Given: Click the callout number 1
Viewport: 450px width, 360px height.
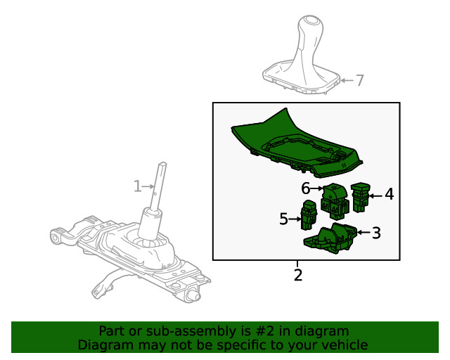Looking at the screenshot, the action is click(x=138, y=186).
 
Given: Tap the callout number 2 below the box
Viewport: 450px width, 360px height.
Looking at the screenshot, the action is click(x=298, y=276).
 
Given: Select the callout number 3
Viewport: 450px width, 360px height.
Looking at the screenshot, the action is click(x=377, y=233).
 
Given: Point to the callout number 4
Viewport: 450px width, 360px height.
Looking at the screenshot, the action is click(x=389, y=194).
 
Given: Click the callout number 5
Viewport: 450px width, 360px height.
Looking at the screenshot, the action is click(x=283, y=219).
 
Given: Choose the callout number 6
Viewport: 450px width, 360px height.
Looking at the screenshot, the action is click(x=306, y=188).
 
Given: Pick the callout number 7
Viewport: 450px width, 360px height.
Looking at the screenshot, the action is click(x=360, y=80).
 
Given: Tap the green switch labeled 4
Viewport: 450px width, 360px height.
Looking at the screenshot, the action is click(x=360, y=198).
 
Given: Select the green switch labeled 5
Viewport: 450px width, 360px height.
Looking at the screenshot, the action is click(x=309, y=215).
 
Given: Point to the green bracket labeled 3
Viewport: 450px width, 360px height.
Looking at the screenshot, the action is click(x=330, y=238).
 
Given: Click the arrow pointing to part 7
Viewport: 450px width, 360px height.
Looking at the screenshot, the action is click(x=347, y=80).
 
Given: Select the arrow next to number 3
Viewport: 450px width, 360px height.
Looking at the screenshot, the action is click(x=364, y=232).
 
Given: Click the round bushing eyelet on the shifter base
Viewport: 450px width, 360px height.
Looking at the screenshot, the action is click(x=55, y=238).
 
